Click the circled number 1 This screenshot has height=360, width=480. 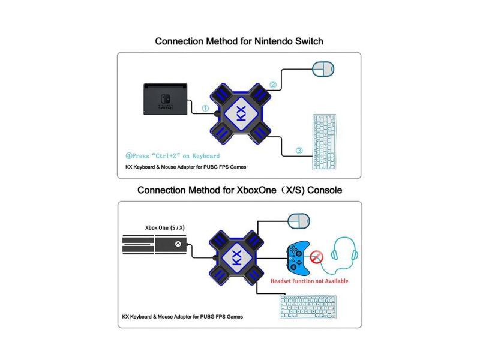point(205,109)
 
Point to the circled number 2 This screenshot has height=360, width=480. point(272,85)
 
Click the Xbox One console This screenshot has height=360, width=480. point(155,247)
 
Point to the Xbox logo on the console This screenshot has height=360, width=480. point(178,245)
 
